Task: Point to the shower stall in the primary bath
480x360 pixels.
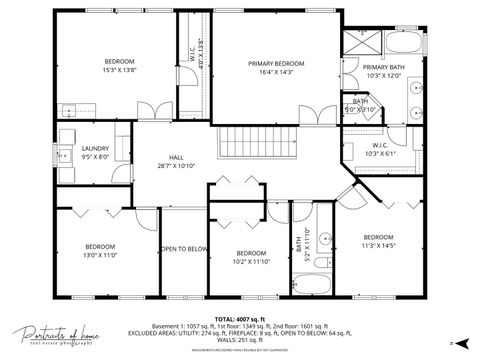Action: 363,41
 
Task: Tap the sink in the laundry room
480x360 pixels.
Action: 67,110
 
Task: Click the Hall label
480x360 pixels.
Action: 176,162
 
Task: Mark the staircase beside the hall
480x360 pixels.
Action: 257,145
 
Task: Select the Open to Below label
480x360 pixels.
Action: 183,249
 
